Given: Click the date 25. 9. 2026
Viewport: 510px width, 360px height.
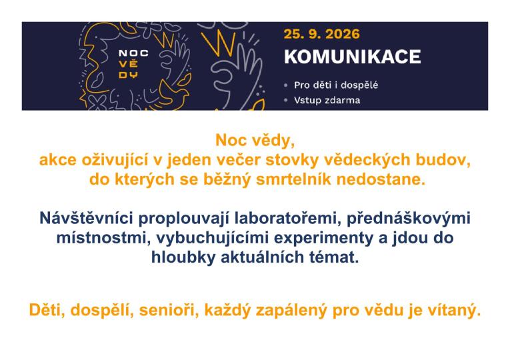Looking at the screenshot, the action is tap(322, 34).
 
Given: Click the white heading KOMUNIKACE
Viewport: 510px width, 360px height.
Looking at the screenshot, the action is tap(352, 57).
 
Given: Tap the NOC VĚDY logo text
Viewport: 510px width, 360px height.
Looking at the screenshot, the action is tap(133, 64).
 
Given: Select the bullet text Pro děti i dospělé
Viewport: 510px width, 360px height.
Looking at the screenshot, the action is tap(336, 85).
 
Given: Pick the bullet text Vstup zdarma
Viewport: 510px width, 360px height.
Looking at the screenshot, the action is tap(327, 100).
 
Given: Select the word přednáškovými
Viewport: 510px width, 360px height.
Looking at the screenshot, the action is tap(409, 219).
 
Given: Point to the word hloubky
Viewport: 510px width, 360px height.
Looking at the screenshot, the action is tap(183, 257).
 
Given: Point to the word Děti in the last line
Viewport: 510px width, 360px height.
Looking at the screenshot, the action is tap(47, 310).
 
